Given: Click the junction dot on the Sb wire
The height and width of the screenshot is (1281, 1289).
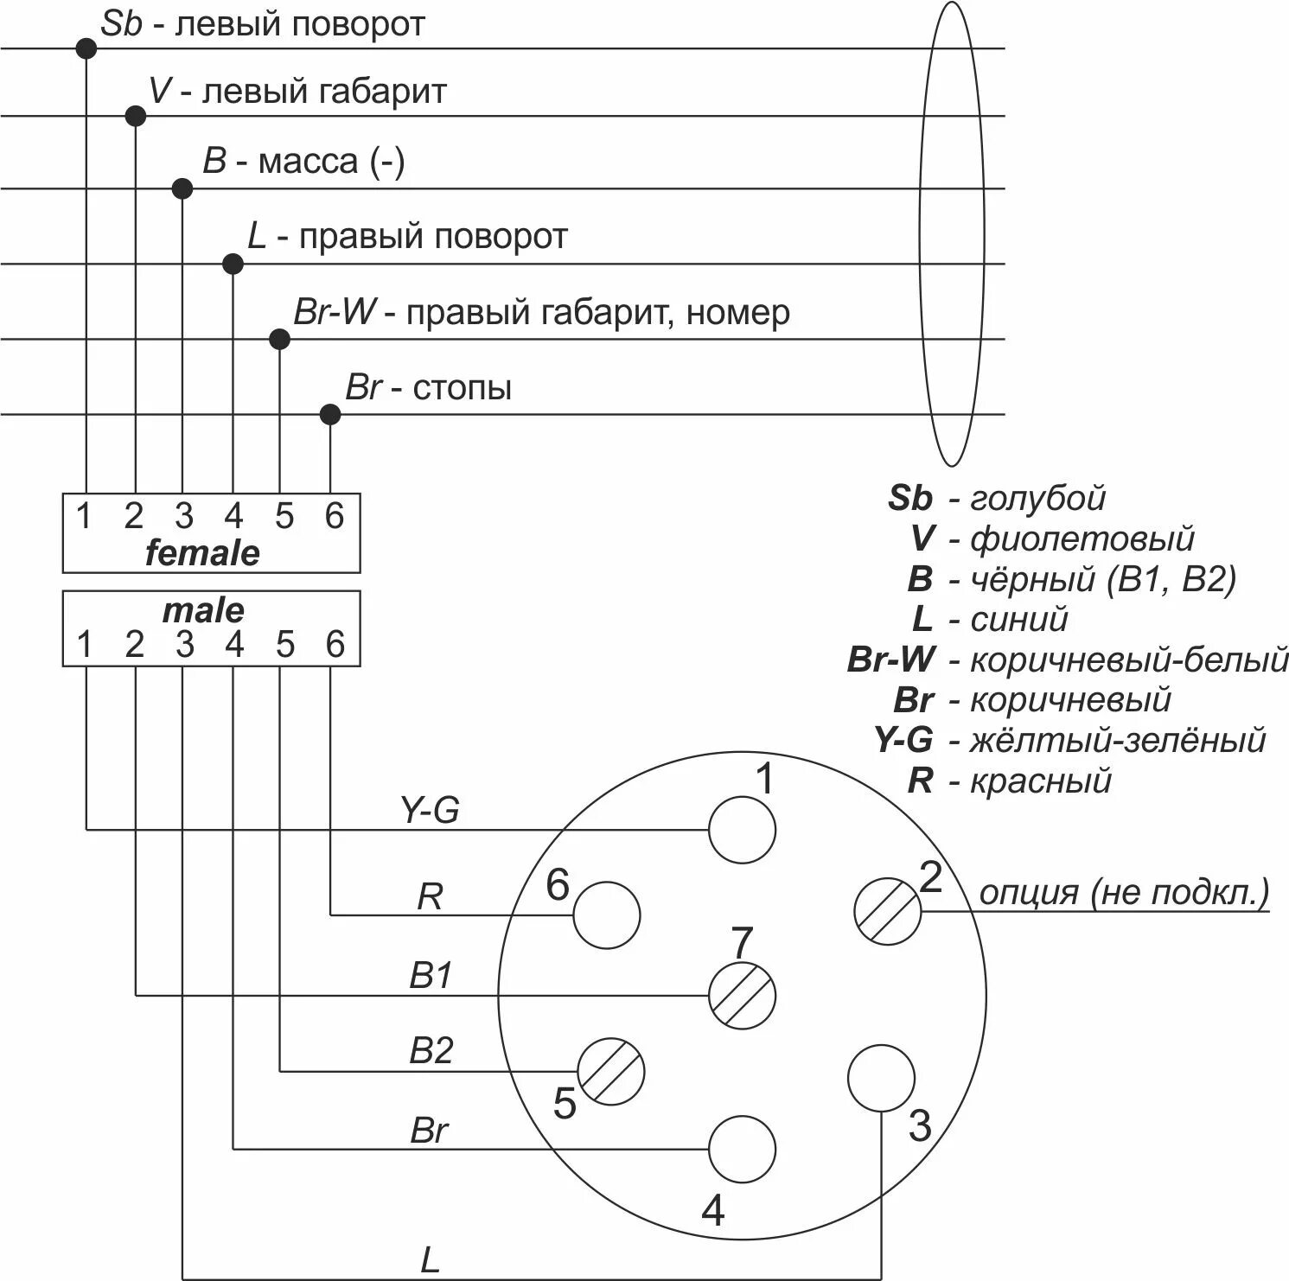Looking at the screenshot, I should click(x=86, y=48).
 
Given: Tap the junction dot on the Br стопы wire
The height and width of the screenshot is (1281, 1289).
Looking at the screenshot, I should click(x=330, y=415).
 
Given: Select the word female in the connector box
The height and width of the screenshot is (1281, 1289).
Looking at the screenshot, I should click(x=202, y=553).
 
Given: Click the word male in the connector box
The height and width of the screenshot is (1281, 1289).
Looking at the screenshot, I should click(x=203, y=611).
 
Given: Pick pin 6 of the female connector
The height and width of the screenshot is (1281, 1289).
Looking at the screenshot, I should click(x=335, y=516).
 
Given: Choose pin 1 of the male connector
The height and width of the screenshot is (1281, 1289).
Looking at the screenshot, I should click(x=85, y=644).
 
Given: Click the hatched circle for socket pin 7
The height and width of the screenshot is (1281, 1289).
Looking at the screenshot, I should click(x=742, y=995).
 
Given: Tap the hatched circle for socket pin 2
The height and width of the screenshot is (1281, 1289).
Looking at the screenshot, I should click(x=888, y=911).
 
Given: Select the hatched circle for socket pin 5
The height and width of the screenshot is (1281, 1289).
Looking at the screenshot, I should click(x=611, y=1071).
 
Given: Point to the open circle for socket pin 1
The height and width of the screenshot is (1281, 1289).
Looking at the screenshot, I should click(x=742, y=830).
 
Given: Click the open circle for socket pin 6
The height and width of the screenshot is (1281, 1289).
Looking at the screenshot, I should click(x=607, y=915).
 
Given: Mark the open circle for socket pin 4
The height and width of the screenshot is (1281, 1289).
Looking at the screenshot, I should click(x=742, y=1149).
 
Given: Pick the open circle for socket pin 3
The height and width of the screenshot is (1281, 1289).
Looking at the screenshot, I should click(x=881, y=1078).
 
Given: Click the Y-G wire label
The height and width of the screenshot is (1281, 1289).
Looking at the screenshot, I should click(x=430, y=810).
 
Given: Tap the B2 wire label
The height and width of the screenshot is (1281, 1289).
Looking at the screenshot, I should click(x=431, y=1050).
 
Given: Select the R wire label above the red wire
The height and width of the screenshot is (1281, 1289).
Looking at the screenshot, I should click(x=430, y=896).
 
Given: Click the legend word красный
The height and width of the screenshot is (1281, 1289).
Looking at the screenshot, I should click(x=1040, y=781).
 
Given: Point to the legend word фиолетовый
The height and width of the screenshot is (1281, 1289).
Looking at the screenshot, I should click(x=1082, y=539).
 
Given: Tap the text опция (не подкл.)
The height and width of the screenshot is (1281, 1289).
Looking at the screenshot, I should click(x=1124, y=892).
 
